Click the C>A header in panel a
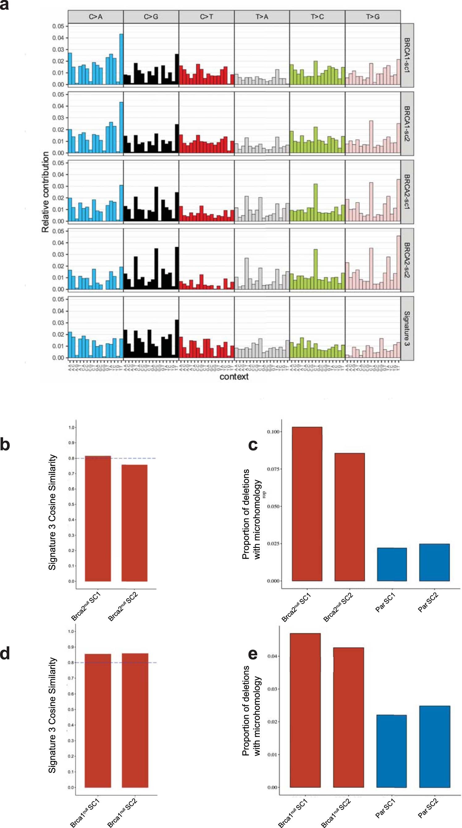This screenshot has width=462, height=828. coord(95,17)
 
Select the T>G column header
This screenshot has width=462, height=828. coord(373,17)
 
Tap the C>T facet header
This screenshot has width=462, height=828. coord(206,17)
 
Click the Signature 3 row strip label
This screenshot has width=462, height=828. coord(407,328)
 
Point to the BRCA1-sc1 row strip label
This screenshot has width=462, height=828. coord(407,55)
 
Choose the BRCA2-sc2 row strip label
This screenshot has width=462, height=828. coord(407,260)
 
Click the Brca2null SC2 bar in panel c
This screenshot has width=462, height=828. coord(350,517)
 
